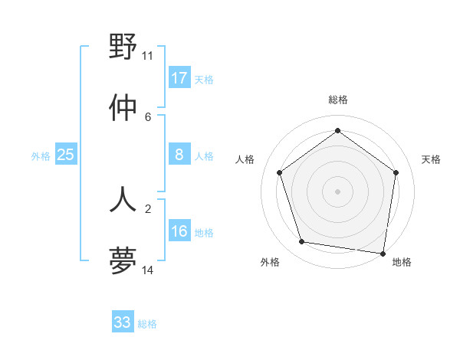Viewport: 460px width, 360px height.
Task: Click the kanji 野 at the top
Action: click(123, 48)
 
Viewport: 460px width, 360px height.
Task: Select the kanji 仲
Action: click(123, 108)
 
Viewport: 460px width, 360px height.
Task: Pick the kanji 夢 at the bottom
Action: click(123, 260)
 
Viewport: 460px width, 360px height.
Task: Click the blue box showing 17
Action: click(179, 78)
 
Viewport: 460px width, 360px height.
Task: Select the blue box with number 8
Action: click(179, 155)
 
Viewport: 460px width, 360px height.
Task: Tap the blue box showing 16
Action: click(179, 232)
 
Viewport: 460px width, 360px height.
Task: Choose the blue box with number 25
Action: click(66, 155)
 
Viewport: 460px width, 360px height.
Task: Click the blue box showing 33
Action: click(123, 322)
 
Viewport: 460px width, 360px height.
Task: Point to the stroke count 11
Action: click(148, 55)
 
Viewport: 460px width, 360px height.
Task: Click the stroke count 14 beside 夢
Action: click(148, 270)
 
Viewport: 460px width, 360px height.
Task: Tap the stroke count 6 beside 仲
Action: click(148, 116)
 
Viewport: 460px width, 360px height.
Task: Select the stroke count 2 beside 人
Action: click(148, 208)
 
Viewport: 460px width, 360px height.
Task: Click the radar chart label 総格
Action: click(338, 100)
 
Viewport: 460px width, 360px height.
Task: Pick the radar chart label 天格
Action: click(431, 159)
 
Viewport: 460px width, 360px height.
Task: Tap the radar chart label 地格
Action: click(402, 262)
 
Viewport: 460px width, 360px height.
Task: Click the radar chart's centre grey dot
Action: click(338, 191)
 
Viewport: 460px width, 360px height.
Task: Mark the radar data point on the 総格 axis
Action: click(338, 131)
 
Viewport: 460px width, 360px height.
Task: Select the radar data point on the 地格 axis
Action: click(383, 253)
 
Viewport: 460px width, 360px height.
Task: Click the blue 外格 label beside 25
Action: click(41, 156)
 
